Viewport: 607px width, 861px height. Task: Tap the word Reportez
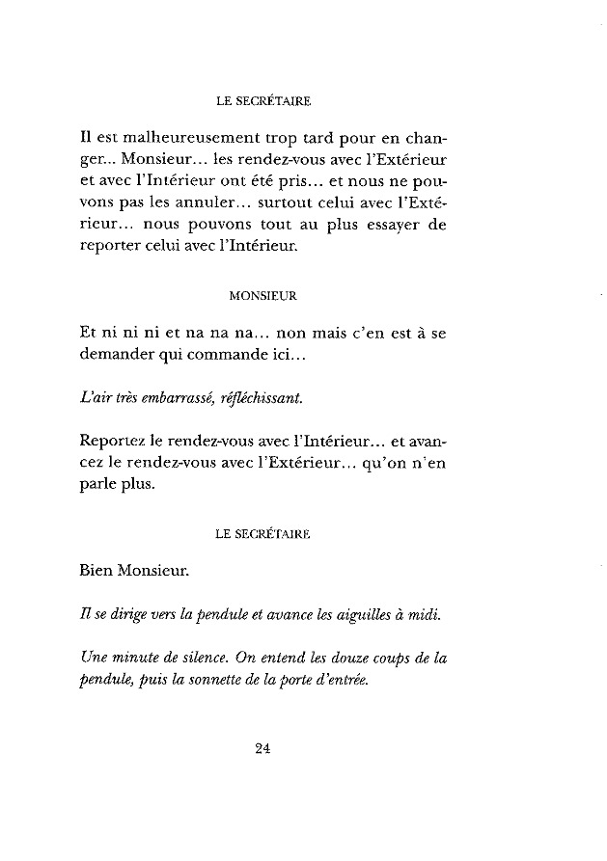(x=114, y=441)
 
